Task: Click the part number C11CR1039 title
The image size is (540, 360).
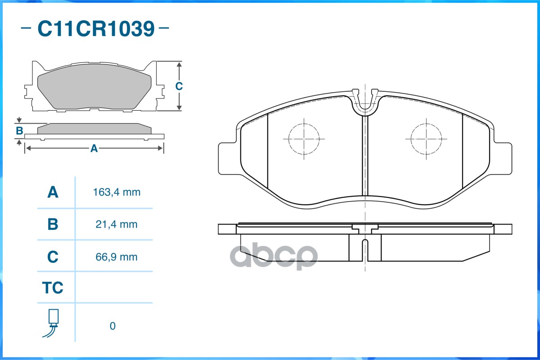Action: point(95,29)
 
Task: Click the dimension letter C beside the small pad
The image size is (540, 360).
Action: point(179,86)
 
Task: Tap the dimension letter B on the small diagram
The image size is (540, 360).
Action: point(19,131)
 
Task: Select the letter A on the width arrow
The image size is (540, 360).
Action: point(94,148)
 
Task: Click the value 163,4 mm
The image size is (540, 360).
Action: point(117,193)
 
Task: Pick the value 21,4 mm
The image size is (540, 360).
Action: point(117,225)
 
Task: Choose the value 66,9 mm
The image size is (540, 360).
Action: point(117,257)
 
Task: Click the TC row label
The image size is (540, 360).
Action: point(53,288)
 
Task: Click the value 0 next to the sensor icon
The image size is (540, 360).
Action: point(113,326)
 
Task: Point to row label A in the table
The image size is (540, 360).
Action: point(53,193)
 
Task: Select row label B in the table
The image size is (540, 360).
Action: point(53,225)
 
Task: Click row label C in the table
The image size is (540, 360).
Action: point(53,257)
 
